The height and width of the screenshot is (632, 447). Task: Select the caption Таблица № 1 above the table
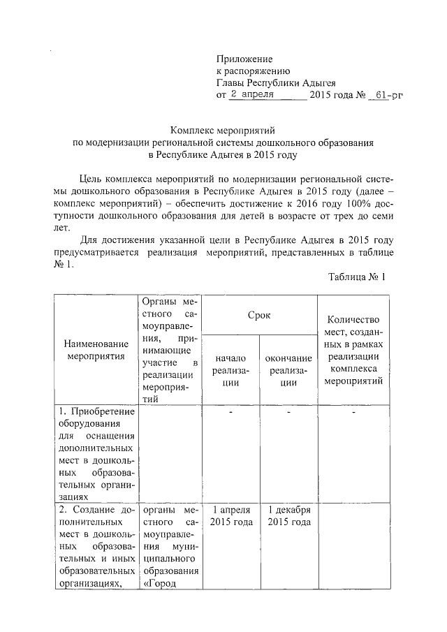[357, 277]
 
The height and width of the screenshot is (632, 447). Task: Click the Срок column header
[259, 316]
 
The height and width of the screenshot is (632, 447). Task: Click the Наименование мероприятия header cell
[96, 350]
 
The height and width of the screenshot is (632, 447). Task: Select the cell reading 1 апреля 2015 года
[230, 517]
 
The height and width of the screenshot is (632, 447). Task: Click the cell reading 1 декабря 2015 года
[288, 517]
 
